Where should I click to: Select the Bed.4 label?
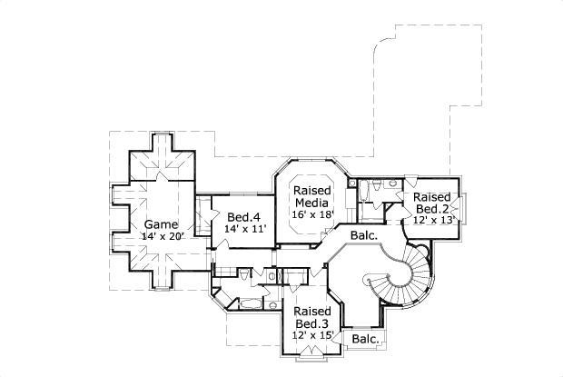[243, 217]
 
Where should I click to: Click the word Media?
[312, 203]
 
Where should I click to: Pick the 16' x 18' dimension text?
[312, 214]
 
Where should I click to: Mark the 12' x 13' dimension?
[433, 220]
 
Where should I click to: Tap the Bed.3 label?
[311, 323]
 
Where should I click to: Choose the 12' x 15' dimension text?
[311, 335]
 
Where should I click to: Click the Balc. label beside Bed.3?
[364, 340]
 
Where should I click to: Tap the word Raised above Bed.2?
[432, 196]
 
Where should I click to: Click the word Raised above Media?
[312, 191]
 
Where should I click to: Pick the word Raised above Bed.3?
[311, 312]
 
